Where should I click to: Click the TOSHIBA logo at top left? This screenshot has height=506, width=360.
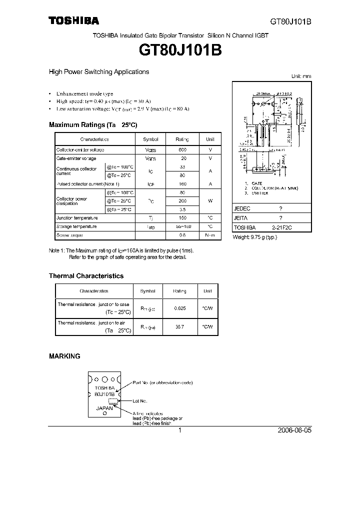73,21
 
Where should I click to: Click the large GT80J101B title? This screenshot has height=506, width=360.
179,50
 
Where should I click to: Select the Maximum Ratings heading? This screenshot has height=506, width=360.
92,124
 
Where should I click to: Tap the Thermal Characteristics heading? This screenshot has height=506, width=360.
86,275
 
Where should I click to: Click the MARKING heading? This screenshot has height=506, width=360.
64,356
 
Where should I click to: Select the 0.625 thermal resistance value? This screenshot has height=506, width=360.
179,308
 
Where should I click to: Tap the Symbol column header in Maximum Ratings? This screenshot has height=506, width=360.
150,139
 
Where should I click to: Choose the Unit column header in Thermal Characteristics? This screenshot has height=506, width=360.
207,291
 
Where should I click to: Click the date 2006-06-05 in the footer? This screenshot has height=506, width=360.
293,430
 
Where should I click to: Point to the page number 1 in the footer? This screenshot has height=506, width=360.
179,430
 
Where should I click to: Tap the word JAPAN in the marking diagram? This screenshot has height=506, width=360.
104,408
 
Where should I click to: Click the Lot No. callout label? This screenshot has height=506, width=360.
140,400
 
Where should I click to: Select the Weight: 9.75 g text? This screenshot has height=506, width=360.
254,237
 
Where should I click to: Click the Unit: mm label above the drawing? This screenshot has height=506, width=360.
301,76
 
